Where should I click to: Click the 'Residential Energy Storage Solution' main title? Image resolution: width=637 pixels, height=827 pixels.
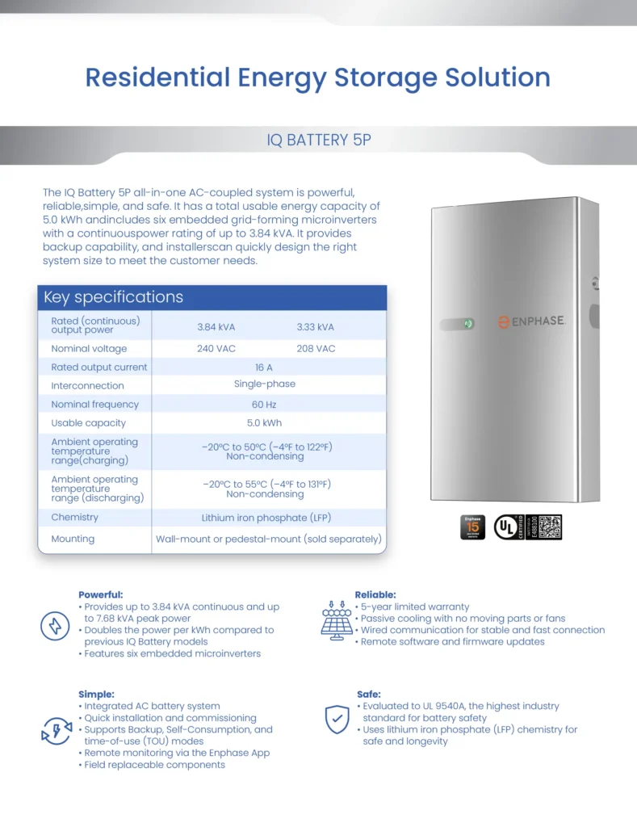(x=318, y=78)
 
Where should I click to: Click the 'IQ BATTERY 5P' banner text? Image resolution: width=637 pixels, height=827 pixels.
(x=318, y=140)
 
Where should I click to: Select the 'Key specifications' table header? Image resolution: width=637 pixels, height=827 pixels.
(x=113, y=297)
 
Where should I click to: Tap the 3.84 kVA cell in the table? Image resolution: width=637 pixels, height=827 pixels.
(x=216, y=327)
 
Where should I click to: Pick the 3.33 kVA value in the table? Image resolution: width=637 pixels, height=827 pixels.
(x=315, y=327)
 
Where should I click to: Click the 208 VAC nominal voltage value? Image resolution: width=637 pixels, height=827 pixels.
(x=315, y=349)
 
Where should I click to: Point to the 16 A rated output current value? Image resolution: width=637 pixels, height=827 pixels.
(x=264, y=367)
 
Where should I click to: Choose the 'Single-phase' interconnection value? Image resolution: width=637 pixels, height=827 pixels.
(x=265, y=384)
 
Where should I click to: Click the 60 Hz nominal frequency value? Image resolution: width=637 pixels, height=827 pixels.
(x=264, y=404)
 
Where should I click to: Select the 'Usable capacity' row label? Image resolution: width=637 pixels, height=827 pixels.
(x=89, y=423)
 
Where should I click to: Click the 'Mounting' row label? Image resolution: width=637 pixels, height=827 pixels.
(x=73, y=539)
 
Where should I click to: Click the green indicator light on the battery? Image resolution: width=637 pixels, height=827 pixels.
(x=468, y=324)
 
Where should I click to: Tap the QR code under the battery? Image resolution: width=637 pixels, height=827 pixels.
(x=550, y=527)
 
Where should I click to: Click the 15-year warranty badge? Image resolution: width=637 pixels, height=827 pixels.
(x=472, y=527)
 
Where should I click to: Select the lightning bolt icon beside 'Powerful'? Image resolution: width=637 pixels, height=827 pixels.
(x=55, y=626)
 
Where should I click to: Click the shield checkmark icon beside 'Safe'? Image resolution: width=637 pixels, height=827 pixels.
(x=337, y=719)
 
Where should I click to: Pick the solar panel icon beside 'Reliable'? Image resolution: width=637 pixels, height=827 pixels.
(x=337, y=619)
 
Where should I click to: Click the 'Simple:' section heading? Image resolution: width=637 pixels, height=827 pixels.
(x=96, y=694)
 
